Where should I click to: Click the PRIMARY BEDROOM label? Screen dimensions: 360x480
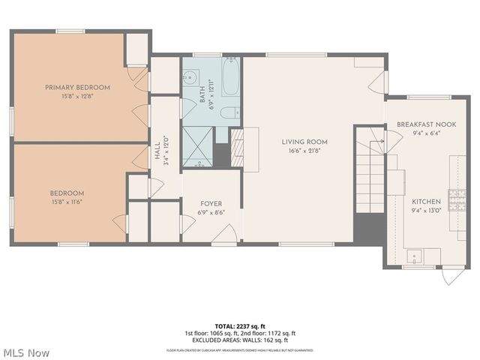tap(77, 87)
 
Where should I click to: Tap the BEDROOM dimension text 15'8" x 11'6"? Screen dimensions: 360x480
tap(67, 201)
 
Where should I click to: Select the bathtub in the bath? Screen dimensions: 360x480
tap(230, 76)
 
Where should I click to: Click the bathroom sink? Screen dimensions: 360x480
tap(190, 77)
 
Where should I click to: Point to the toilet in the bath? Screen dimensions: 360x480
tap(231, 112)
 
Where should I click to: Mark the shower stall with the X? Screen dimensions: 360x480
tap(197, 145)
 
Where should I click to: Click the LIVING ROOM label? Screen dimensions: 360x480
tap(304, 141)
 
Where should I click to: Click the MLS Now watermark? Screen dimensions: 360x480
tap(26, 352)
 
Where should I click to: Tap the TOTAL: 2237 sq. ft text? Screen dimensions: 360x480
tap(240, 326)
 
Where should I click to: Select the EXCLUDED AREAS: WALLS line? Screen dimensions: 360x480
tap(240, 340)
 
